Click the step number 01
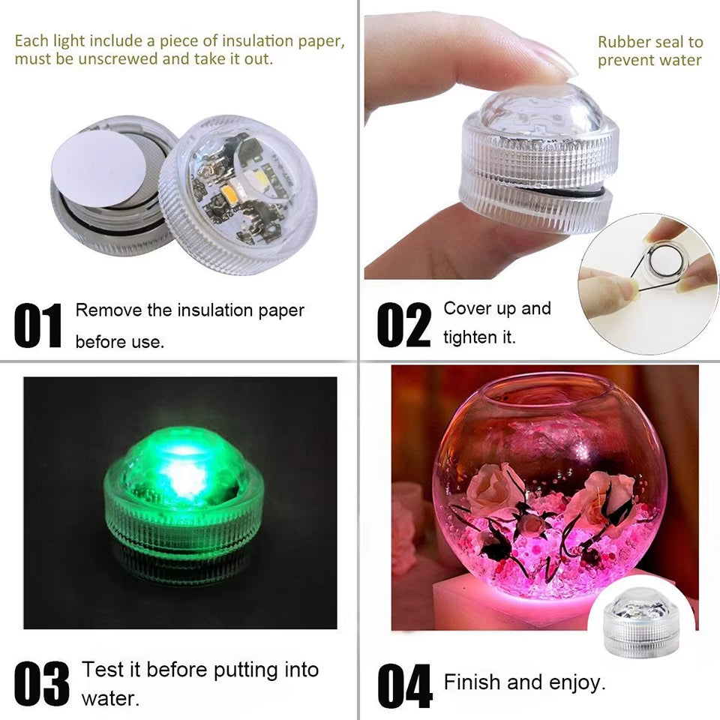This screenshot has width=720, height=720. click(x=37, y=326)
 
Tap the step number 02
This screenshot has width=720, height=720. click(x=404, y=326)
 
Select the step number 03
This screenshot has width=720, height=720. click(x=42, y=682)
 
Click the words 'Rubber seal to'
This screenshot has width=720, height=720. click(x=649, y=43)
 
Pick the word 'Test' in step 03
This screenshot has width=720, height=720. click(x=102, y=669)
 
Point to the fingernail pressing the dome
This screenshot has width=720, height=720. click(x=547, y=61)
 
